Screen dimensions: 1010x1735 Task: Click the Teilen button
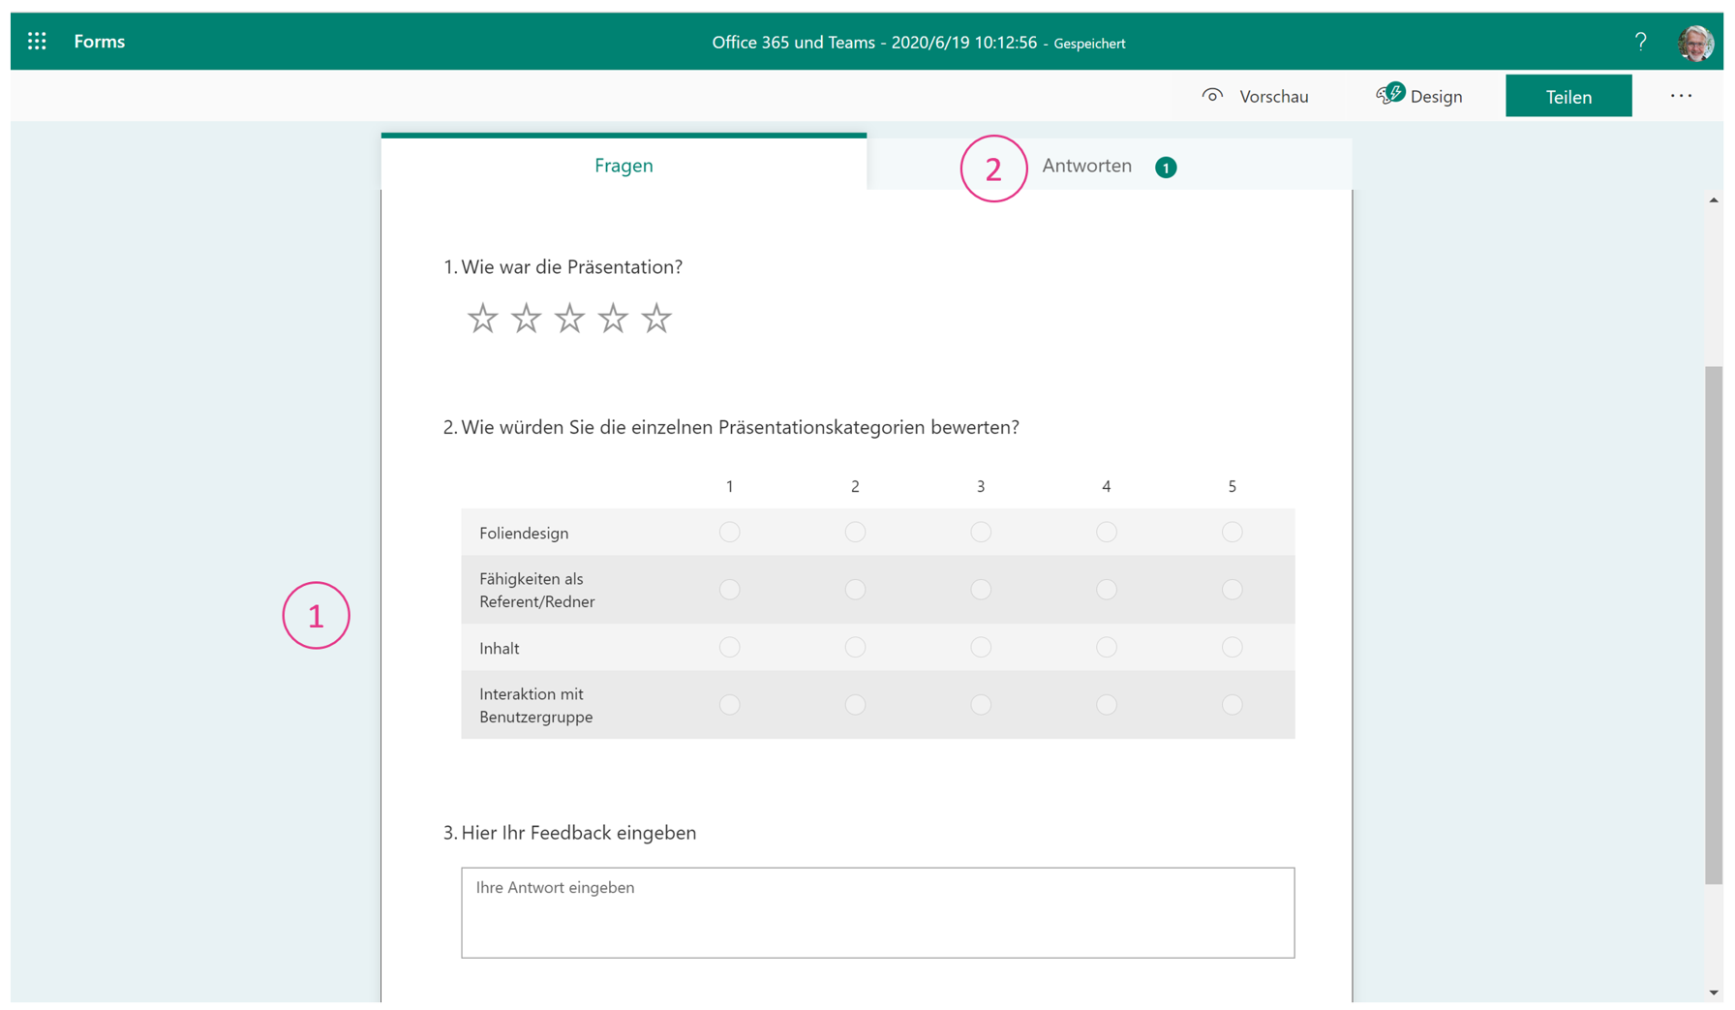pyautogui.click(x=1568, y=96)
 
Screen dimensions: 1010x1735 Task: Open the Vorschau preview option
pyautogui.click(x=1256, y=96)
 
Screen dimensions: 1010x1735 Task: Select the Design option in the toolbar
pyautogui.click(x=1419, y=96)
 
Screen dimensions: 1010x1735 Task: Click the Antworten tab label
pyautogui.click(x=1086, y=166)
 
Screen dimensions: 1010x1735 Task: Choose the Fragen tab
pyautogui.click(x=624, y=166)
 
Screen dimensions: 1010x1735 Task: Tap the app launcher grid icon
pyautogui.click(x=37, y=41)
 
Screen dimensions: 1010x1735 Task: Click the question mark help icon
pyautogui.click(x=1640, y=42)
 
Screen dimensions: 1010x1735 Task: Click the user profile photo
pyautogui.click(x=1695, y=43)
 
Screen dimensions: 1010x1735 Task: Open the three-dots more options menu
pyautogui.click(x=1681, y=96)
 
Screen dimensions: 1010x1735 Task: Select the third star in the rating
pyautogui.click(x=569, y=318)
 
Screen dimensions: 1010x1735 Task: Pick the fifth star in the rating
pyautogui.click(x=656, y=318)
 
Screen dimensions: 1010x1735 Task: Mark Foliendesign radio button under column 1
pyautogui.click(x=729, y=532)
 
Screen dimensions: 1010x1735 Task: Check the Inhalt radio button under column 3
pyautogui.click(x=981, y=647)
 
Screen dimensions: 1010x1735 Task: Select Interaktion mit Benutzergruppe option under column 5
pyautogui.click(x=1232, y=705)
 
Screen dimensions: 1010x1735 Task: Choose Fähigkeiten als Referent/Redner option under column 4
pyautogui.click(x=1106, y=589)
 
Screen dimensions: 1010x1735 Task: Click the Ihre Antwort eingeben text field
pyautogui.click(x=877, y=912)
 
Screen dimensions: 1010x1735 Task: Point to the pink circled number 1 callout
pyautogui.click(x=316, y=615)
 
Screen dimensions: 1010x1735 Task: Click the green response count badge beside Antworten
pyautogui.click(x=1166, y=168)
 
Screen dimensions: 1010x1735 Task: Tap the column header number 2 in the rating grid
pyautogui.click(x=855, y=486)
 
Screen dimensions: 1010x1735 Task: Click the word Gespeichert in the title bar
pyautogui.click(x=1089, y=44)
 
